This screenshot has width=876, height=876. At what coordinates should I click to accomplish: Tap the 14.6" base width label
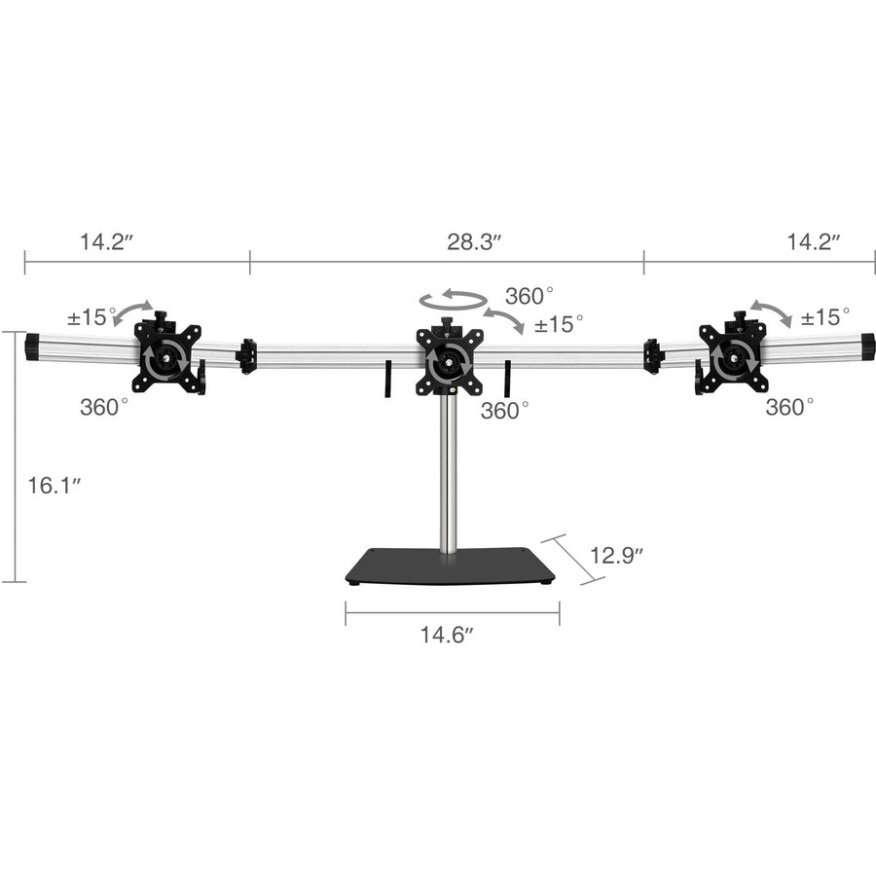(x=447, y=635)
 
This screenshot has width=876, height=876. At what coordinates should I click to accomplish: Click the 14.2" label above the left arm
(x=106, y=242)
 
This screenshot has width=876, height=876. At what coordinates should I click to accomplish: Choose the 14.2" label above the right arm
(x=815, y=242)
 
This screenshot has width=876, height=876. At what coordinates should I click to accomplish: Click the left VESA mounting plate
(x=167, y=359)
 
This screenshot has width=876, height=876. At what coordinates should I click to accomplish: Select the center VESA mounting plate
(x=449, y=361)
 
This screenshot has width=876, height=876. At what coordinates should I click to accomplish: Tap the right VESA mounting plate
(x=733, y=359)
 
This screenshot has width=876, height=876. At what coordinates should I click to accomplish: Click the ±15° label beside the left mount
(x=91, y=316)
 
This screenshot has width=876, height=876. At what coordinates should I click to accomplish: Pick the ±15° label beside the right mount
(x=824, y=316)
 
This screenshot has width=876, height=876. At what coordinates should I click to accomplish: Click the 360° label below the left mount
(x=104, y=407)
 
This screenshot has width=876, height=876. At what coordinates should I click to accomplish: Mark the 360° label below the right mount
(x=788, y=407)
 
